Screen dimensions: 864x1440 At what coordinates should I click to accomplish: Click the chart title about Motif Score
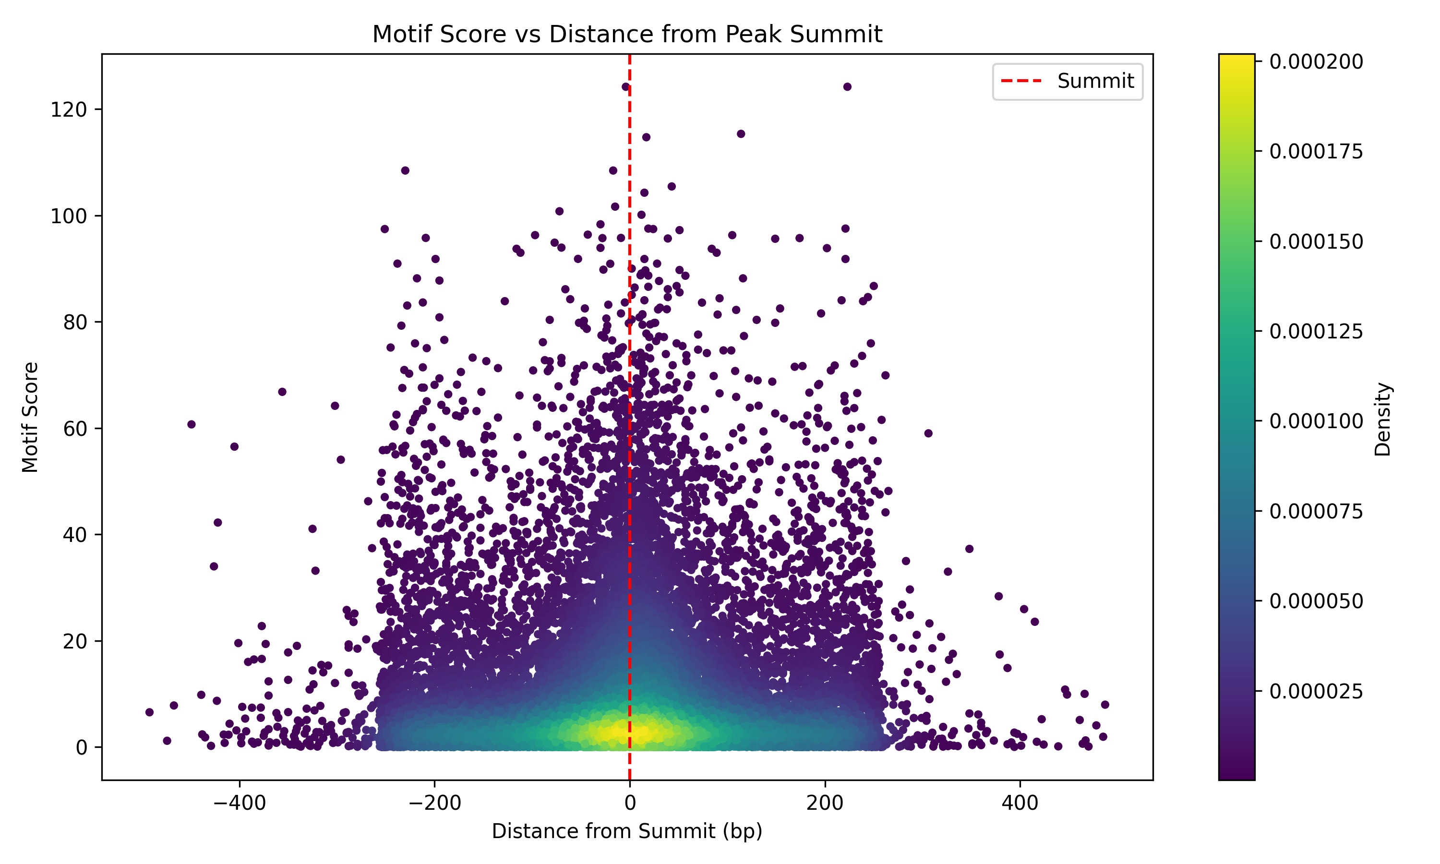click(x=627, y=35)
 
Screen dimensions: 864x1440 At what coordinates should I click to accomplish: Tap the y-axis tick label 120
click(x=69, y=109)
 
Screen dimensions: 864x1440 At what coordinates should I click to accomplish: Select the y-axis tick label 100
click(x=69, y=216)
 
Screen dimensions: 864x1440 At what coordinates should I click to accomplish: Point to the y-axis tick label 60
click(x=74, y=429)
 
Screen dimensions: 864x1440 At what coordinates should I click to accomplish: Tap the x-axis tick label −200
click(x=435, y=804)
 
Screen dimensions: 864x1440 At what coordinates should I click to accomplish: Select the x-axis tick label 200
click(x=825, y=804)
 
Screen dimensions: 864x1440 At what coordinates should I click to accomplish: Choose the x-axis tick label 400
click(x=1020, y=804)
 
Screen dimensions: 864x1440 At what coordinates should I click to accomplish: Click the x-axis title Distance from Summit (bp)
click(x=627, y=831)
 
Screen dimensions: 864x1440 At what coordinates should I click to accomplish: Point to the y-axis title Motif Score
click(x=30, y=417)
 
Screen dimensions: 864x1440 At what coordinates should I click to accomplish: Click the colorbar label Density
click(x=1382, y=419)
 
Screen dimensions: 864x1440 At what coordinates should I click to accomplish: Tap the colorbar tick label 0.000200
click(x=1316, y=62)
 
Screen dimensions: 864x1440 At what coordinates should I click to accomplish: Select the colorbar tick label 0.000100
click(x=1316, y=421)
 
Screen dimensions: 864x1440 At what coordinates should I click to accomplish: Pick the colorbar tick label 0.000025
click(x=1316, y=691)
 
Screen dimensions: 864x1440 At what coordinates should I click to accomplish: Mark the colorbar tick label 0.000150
click(x=1316, y=241)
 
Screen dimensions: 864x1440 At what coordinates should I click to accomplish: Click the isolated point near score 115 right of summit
click(x=741, y=134)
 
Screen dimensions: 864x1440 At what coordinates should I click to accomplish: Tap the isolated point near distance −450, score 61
click(x=192, y=424)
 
